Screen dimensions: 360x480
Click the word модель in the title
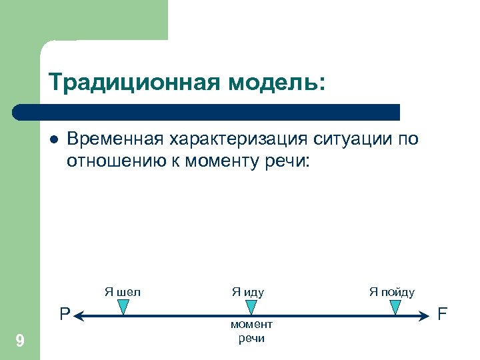pos(273,83)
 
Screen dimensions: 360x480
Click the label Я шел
pos(122,291)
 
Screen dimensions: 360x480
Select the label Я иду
pos(248,291)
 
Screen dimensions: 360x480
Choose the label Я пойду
pos(392,291)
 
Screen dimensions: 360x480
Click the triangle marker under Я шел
pos(123,307)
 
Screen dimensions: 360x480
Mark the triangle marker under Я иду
pos(251,307)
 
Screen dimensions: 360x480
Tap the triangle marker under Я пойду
pos(395,307)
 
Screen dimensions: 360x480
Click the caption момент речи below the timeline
pos(251,331)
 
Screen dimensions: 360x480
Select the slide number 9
pos(20,342)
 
